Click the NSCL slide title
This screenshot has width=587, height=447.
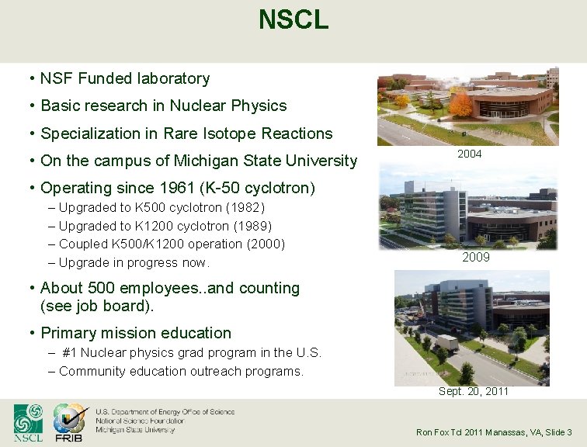click(293, 20)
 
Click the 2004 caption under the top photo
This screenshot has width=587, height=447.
click(469, 154)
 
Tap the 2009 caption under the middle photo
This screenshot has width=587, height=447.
click(475, 257)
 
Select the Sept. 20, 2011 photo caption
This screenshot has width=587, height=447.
click(474, 391)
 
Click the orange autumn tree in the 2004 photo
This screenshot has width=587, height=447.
click(460, 103)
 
